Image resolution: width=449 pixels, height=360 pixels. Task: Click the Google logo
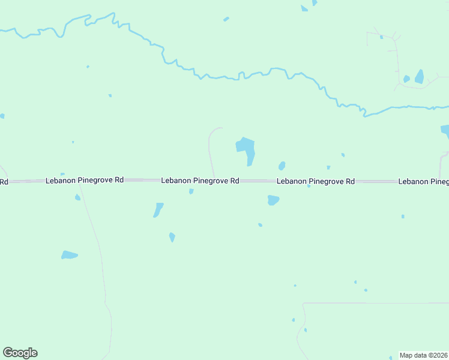[20, 353]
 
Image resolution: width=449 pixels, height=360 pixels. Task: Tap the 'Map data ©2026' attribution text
[423, 355]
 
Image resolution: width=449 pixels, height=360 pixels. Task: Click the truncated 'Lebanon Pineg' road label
[423, 181]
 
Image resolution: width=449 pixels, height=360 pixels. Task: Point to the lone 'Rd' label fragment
[4, 181]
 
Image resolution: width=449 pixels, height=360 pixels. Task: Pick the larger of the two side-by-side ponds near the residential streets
[419, 77]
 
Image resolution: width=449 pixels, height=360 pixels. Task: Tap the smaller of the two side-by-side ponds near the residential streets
[406, 79]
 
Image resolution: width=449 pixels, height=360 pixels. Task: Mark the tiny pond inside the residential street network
[381, 37]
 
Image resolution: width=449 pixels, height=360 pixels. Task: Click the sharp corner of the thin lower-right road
[305, 304]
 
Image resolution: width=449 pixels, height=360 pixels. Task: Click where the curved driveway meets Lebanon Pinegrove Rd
[214, 178]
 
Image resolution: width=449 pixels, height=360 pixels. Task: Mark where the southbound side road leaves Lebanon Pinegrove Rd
[80, 182]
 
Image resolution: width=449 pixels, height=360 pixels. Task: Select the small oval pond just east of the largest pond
[282, 166]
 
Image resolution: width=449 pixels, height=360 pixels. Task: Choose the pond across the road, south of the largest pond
[273, 200]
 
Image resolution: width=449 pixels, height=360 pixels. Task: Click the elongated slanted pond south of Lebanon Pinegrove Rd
[158, 210]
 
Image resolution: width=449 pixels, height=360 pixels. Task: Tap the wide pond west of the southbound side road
[70, 255]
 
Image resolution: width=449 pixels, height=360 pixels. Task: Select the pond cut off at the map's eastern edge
[445, 130]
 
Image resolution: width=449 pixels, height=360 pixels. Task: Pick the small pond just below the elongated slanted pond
[172, 237]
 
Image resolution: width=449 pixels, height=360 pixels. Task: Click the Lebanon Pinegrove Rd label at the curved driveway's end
[200, 181]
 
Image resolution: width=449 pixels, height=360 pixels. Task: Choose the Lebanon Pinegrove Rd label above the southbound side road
[85, 180]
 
